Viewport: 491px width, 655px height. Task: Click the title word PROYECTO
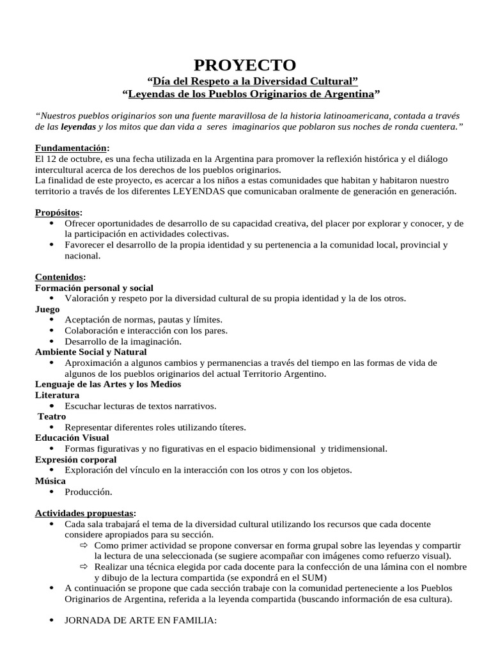coord(245,65)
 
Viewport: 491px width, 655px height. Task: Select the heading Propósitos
coord(58,212)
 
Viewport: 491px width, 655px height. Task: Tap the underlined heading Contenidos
coord(59,277)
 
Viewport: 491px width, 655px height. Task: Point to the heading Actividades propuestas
coord(84,513)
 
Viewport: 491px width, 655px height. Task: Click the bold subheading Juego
coord(47,309)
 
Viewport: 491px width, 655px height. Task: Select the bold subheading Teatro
coord(52,416)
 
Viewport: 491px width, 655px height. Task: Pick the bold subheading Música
coord(50,481)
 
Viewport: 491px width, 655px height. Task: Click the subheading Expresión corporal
coord(75,459)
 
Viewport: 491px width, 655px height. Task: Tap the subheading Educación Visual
coord(72,438)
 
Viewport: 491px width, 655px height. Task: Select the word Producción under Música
coord(88,492)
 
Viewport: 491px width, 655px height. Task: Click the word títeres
coord(231,427)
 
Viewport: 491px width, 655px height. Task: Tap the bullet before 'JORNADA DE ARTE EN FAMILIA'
coord(51,620)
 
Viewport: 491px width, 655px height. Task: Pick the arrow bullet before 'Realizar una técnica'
coord(84,567)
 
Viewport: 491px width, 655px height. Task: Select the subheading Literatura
coord(57,395)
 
